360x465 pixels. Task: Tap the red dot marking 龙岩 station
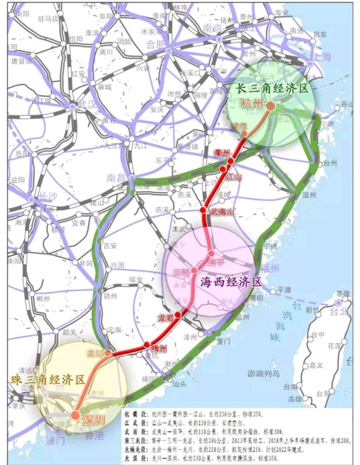178,314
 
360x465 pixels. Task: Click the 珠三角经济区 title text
48,380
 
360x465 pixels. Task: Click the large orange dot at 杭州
271,106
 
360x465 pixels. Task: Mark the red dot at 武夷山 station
203,210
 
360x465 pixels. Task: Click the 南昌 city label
115,179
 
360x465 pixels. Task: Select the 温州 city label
309,195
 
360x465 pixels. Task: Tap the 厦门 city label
223,341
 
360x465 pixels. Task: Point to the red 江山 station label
233,177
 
